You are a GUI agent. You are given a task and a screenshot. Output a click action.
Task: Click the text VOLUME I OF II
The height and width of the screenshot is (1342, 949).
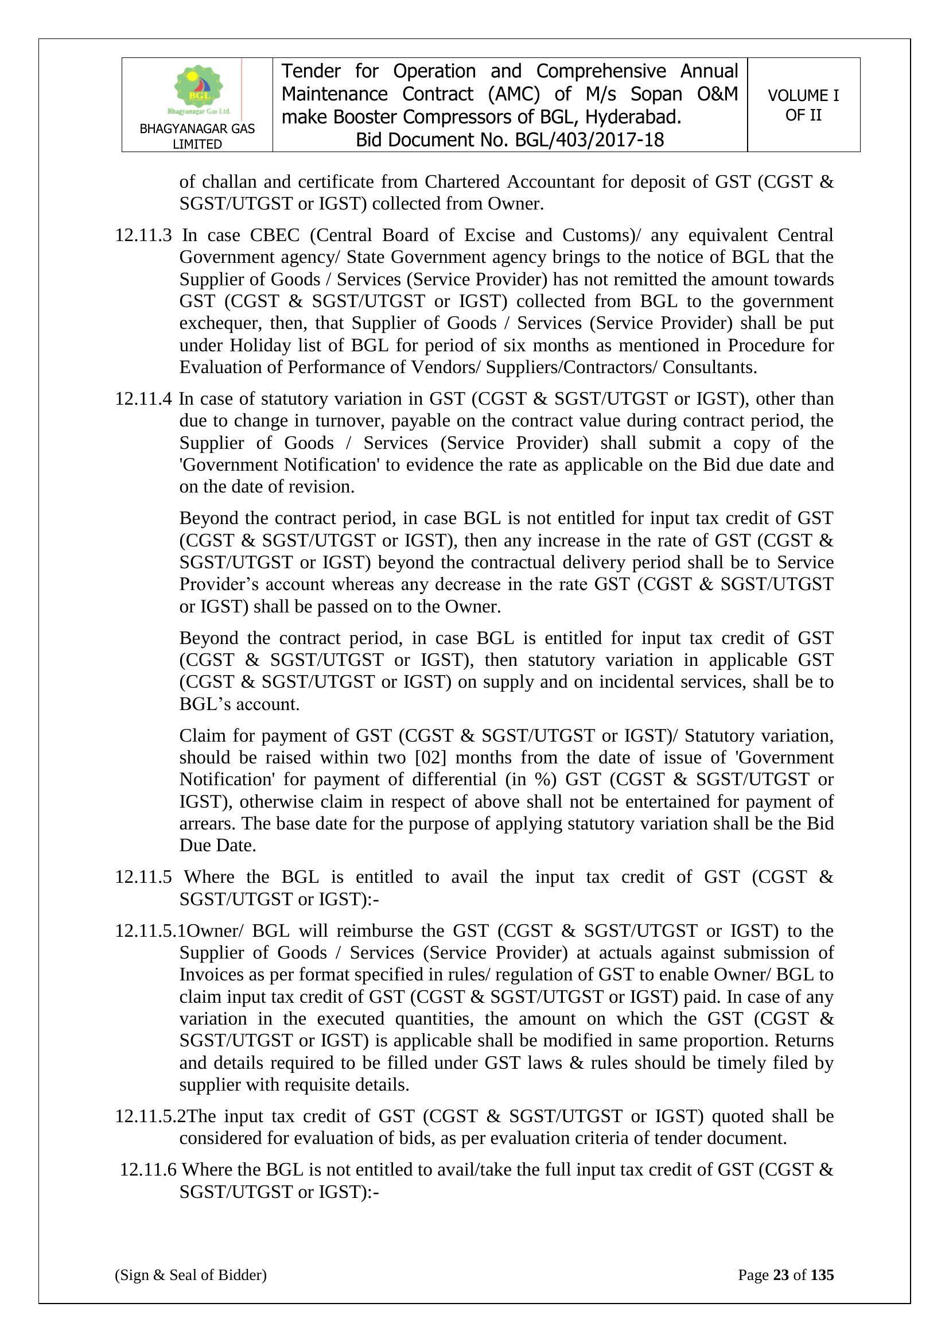click(x=803, y=105)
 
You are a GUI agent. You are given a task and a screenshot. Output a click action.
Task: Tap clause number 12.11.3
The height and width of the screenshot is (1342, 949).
click(x=143, y=235)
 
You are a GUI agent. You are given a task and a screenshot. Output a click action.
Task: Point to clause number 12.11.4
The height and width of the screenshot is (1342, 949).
click(x=143, y=399)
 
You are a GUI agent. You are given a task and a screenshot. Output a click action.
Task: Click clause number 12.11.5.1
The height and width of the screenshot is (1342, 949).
click(x=150, y=931)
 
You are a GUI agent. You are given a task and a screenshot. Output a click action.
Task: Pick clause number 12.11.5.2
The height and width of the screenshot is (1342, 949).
click(x=150, y=1116)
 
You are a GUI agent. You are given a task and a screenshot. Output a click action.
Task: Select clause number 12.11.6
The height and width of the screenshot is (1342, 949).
click(x=148, y=1170)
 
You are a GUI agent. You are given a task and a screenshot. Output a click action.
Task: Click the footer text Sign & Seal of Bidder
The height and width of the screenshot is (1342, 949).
click(x=190, y=1275)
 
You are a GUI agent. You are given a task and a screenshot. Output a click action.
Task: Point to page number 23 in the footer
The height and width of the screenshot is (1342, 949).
click(x=781, y=1275)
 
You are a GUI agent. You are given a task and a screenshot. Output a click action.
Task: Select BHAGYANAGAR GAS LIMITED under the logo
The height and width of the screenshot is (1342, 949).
click(x=197, y=136)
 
